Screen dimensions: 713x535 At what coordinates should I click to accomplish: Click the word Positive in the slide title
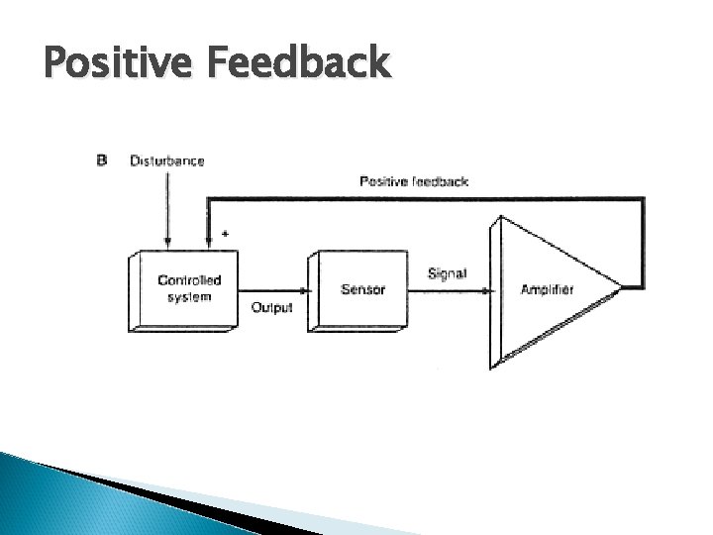click(x=119, y=65)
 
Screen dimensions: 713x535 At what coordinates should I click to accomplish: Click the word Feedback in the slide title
click(x=298, y=63)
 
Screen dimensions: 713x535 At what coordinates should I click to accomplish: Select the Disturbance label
click(x=167, y=160)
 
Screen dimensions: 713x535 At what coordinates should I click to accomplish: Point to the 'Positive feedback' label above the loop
click(x=413, y=181)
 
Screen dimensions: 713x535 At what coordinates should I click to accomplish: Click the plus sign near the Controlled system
click(x=225, y=234)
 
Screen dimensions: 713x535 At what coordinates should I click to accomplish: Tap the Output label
click(x=271, y=308)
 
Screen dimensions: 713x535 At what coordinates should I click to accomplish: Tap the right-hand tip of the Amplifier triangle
click(x=623, y=288)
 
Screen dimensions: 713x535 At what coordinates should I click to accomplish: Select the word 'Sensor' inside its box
click(x=362, y=289)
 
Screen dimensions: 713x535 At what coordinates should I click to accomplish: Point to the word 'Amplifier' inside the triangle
click(x=547, y=289)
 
